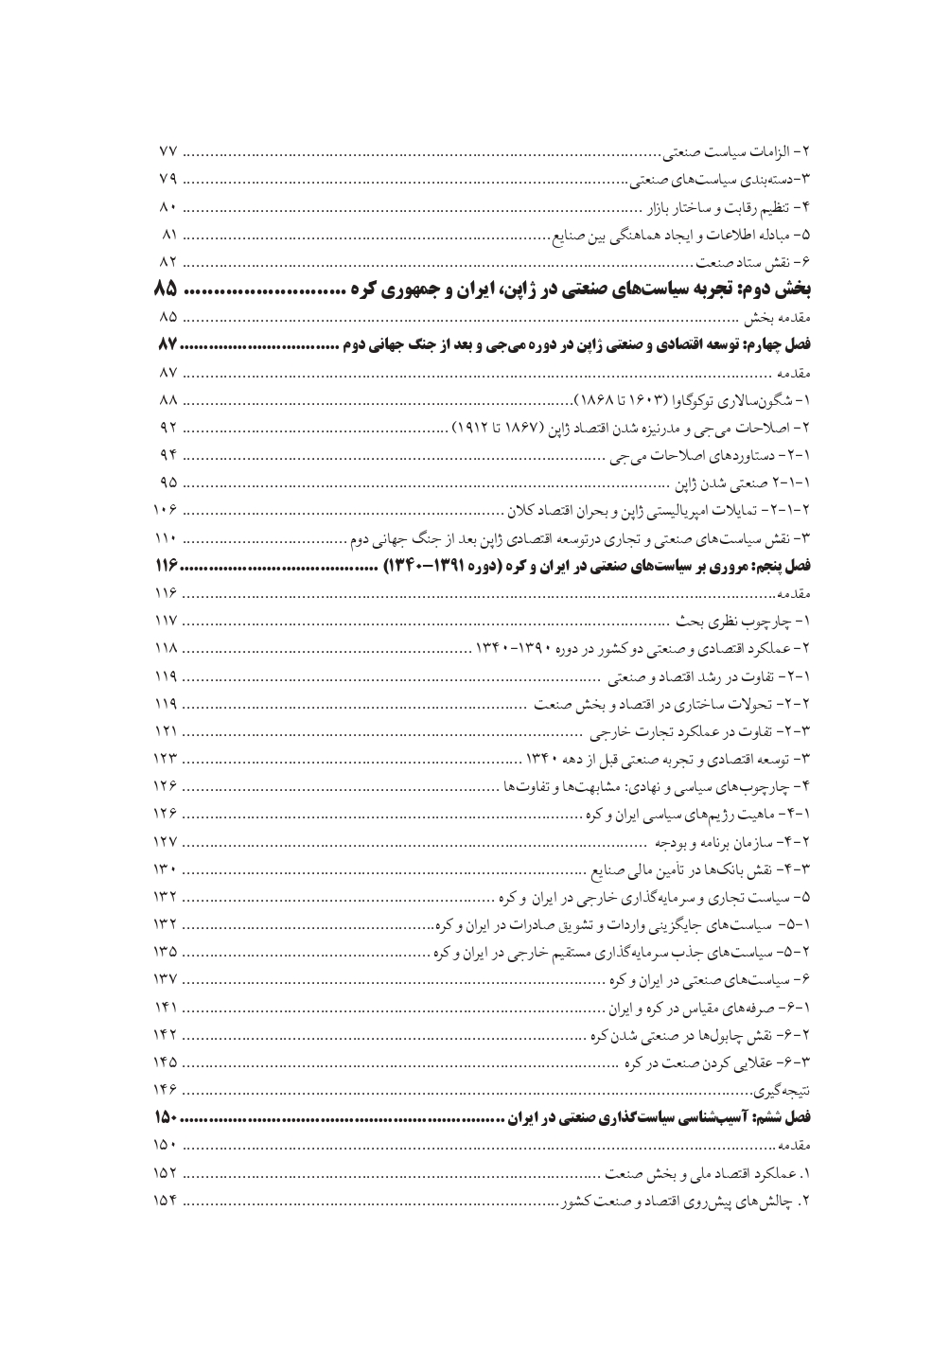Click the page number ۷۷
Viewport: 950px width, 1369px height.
(x=167, y=152)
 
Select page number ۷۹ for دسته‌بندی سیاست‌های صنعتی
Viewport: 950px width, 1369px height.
(x=167, y=178)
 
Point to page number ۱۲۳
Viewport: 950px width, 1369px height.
(x=167, y=759)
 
